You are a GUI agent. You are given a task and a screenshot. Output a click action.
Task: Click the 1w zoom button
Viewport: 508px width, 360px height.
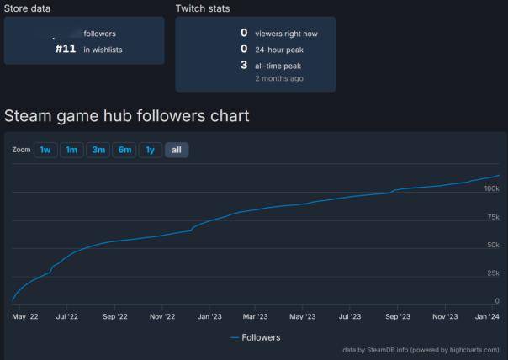click(x=45, y=150)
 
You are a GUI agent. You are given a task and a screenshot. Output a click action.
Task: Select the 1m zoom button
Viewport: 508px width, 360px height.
click(x=71, y=150)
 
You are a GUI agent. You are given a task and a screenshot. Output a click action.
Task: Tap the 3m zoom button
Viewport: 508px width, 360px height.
click(x=98, y=150)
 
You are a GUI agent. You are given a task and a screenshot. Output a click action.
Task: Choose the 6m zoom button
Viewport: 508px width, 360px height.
click(x=124, y=150)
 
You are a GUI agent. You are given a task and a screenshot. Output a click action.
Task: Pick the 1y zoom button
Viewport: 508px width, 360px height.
click(x=151, y=150)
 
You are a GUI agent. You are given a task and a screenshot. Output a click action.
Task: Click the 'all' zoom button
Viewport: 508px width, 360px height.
click(x=177, y=150)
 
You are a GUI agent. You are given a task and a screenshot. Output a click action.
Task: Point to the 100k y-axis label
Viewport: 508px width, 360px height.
click(x=491, y=188)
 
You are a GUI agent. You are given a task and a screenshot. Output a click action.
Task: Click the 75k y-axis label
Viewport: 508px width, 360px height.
click(x=493, y=217)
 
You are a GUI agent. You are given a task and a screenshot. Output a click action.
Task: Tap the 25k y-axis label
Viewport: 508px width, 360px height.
click(x=493, y=273)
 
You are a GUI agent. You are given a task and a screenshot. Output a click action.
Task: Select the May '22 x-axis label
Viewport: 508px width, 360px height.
click(x=26, y=317)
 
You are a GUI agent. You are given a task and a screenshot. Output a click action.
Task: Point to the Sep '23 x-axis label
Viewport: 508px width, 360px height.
click(x=398, y=317)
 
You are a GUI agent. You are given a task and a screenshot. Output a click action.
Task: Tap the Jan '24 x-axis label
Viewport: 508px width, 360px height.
click(x=488, y=317)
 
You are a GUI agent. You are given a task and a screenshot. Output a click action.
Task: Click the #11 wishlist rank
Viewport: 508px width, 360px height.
click(x=66, y=49)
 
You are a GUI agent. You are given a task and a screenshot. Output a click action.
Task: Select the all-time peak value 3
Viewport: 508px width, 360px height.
click(x=244, y=65)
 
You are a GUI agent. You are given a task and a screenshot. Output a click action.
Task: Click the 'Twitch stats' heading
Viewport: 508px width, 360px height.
click(x=203, y=8)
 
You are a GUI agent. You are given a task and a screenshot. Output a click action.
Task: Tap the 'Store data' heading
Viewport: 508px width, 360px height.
click(x=27, y=8)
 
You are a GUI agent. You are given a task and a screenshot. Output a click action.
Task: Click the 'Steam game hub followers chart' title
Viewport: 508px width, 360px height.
click(x=127, y=115)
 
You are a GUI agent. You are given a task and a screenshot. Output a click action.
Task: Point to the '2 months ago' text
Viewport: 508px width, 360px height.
click(x=279, y=78)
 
